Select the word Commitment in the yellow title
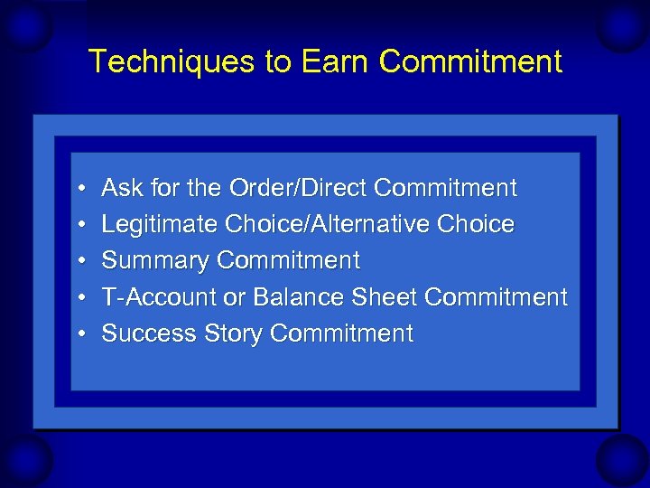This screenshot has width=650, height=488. click(470, 62)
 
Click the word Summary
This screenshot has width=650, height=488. click(155, 261)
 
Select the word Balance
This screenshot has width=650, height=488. click(301, 297)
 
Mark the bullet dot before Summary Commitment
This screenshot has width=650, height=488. click(80, 262)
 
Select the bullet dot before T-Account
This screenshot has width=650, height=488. click(80, 298)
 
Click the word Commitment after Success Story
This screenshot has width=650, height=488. click(341, 333)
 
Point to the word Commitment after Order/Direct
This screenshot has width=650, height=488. click(445, 188)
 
